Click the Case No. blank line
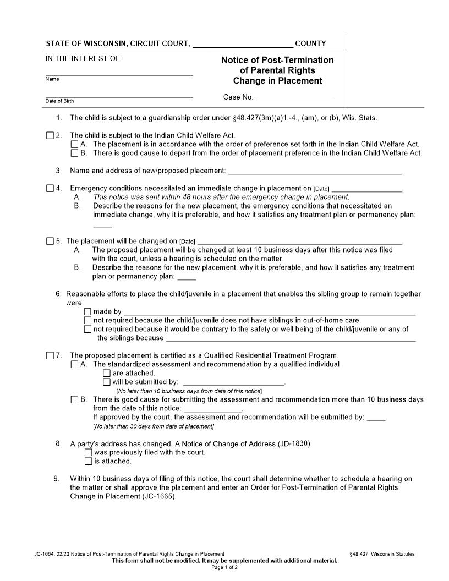294,98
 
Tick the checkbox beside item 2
50,135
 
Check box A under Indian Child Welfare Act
75,144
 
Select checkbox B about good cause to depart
75,153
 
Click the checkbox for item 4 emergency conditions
50,188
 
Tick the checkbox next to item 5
50,241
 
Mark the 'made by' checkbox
87,312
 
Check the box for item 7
50,355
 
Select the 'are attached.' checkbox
107,373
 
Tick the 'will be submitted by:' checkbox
107,382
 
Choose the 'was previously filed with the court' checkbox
88,452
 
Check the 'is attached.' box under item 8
88,461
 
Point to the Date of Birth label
59,101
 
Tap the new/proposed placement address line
315,171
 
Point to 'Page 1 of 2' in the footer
224,567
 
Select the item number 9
56,479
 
